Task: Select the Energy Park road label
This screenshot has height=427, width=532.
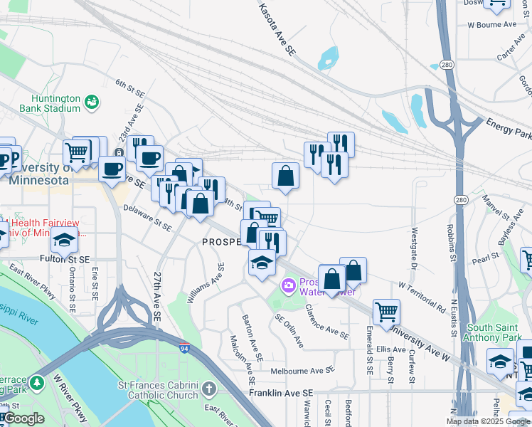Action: click(508, 129)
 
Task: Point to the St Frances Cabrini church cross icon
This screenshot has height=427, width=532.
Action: click(208, 389)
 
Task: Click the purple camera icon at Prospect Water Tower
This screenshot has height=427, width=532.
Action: click(289, 286)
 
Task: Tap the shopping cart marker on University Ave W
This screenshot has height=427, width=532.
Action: click(386, 310)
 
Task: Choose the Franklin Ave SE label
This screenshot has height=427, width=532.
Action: click(281, 393)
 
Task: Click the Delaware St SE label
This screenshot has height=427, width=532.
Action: click(147, 218)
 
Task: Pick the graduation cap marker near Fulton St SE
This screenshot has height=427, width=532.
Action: click(65, 241)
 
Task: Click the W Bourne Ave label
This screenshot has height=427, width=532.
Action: click(491, 24)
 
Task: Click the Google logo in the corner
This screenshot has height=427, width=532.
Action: click(23, 419)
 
